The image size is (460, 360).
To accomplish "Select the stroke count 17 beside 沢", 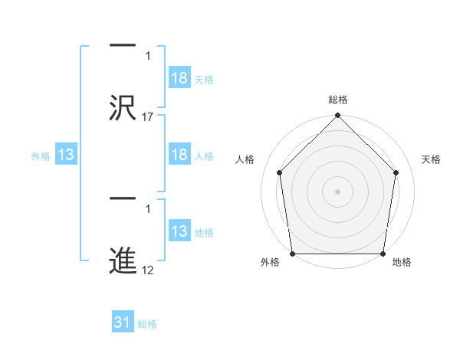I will (x=148, y=116).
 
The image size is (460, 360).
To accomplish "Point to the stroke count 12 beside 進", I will (x=148, y=271).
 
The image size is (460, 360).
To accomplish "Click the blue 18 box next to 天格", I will (x=179, y=79).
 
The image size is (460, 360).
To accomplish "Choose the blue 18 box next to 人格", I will (x=179, y=155).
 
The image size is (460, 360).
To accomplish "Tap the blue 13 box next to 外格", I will (x=66, y=155).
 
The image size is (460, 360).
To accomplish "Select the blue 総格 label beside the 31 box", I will (x=147, y=324).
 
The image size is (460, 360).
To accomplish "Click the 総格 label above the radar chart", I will (x=337, y=100).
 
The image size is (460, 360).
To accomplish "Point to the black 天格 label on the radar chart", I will (x=432, y=159).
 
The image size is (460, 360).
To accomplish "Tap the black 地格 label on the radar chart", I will (x=402, y=263).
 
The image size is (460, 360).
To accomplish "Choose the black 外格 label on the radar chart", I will (x=270, y=263).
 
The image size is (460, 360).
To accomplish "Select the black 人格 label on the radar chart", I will (x=245, y=159).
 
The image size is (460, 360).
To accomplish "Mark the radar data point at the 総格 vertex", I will (x=337, y=117).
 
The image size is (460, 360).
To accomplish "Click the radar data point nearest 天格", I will (x=396, y=172).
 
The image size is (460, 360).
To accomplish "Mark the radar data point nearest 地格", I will (x=383, y=254).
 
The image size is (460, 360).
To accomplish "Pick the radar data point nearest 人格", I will (x=280, y=172).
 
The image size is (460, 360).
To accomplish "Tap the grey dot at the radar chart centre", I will (x=337, y=191).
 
